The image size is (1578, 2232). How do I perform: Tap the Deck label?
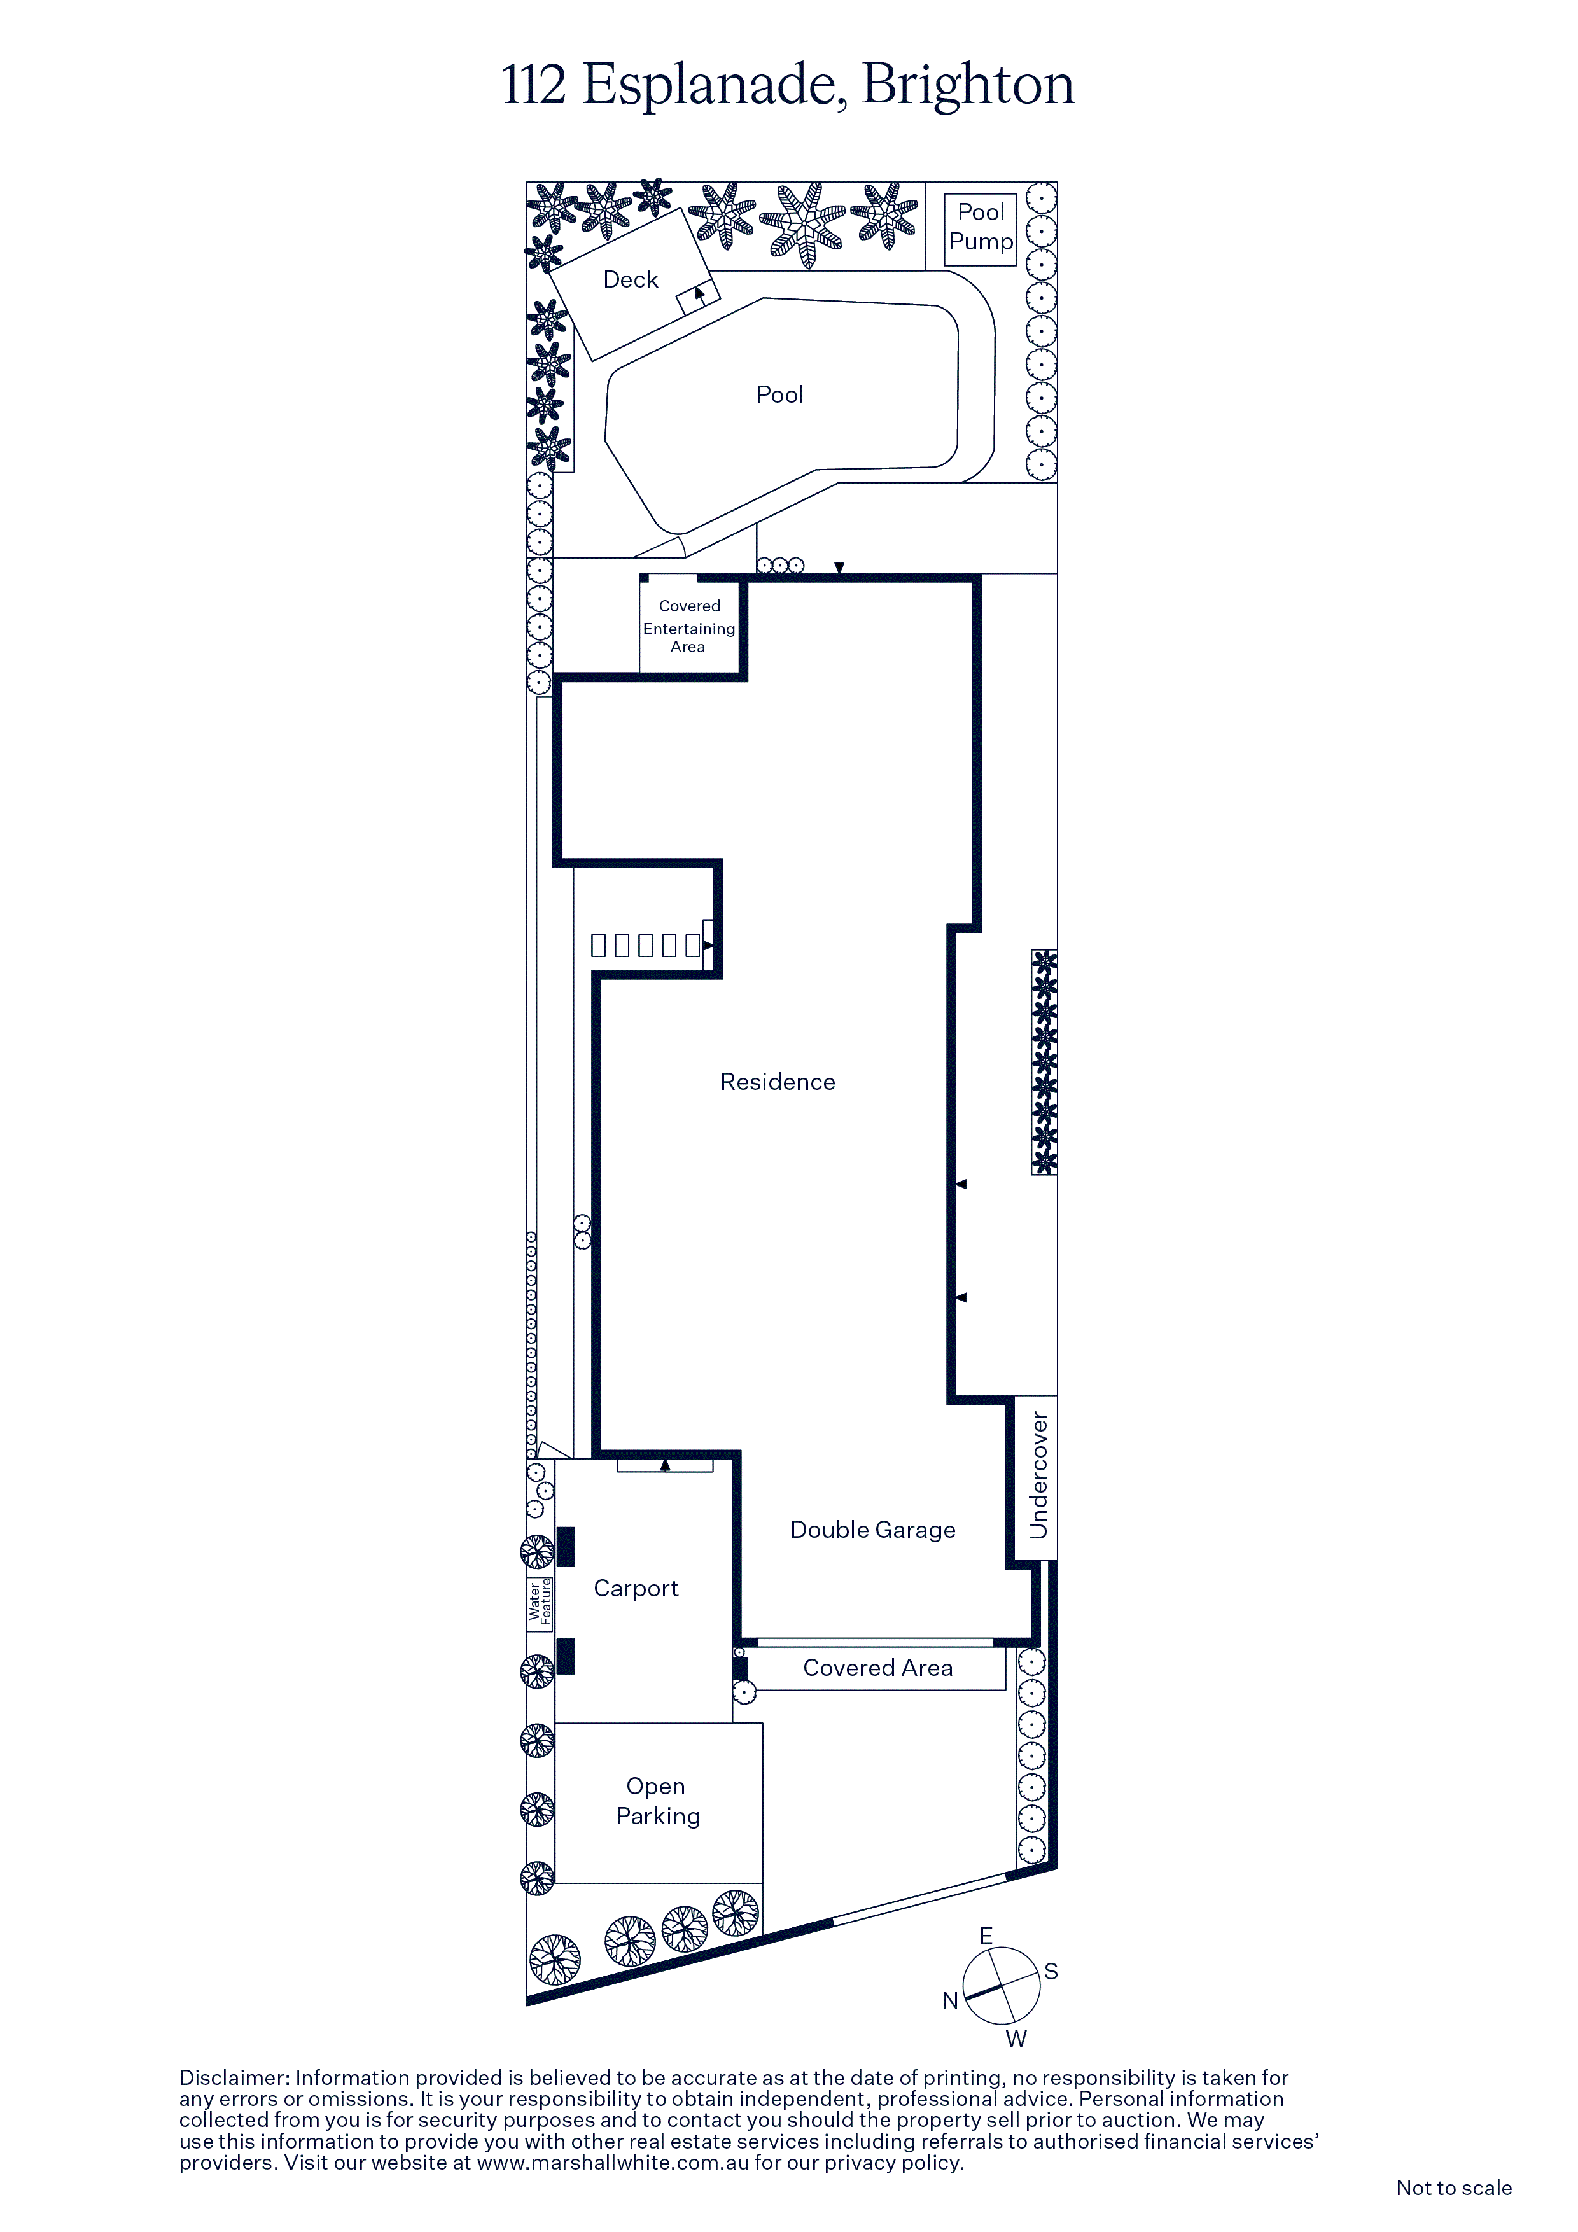point(631,280)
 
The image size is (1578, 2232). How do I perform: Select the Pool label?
point(779,394)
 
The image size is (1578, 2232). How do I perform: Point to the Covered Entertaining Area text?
point(688,626)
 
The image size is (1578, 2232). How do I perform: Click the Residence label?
point(778,1082)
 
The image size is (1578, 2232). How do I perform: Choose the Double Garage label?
point(872,1530)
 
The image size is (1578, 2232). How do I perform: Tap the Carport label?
point(636,1589)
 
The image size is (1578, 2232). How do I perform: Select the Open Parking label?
point(657,1801)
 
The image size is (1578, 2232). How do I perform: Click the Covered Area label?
point(877,1668)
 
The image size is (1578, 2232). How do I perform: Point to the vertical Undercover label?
point(1038,1475)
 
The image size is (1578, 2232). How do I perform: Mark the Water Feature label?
point(540,1602)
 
